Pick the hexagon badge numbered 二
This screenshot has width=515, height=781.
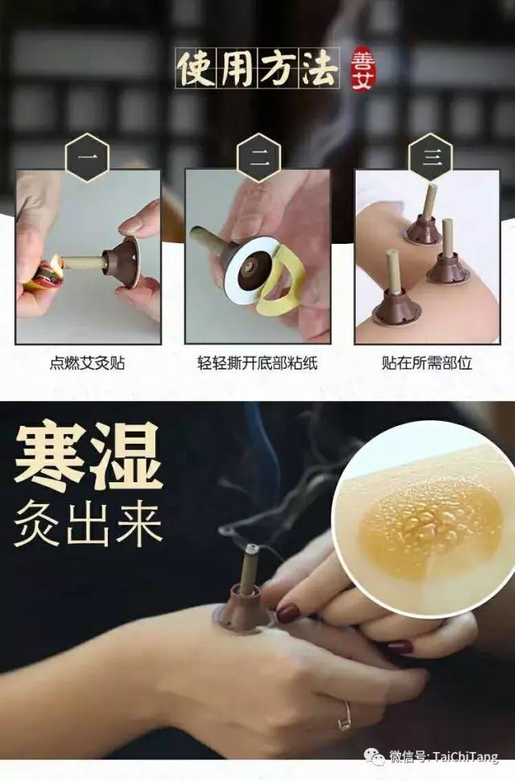pos(258,157)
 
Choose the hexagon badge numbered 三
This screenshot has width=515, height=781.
pos(431,157)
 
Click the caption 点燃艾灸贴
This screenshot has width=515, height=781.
pos(87,362)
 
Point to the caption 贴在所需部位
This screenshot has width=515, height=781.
pos(427,362)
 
